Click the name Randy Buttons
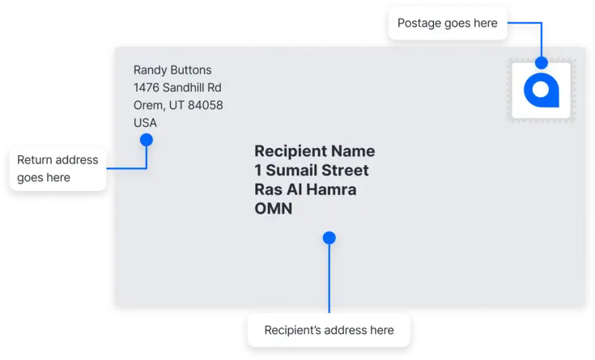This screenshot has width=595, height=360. pyautogui.click(x=172, y=70)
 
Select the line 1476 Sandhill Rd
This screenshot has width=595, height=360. pyautogui.click(x=177, y=87)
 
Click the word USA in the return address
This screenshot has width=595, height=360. pyautogui.click(x=145, y=122)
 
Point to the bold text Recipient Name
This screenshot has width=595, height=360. pyautogui.click(x=315, y=151)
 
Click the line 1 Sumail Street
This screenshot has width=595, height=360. pyautogui.click(x=312, y=171)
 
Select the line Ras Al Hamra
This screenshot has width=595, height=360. pyautogui.click(x=305, y=189)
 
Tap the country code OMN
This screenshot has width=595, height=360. pyautogui.click(x=274, y=209)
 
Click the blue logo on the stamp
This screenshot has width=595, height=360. pyautogui.click(x=541, y=91)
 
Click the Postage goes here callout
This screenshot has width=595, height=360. pyautogui.click(x=448, y=23)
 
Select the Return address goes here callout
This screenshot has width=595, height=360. pyautogui.click(x=57, y=169)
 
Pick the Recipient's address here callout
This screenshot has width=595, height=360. pyautogui.click(x=329, y=330)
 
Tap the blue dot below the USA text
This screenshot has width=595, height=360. pyautogui.click(x=147, y=140)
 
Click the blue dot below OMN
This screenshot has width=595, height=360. pyautogui.click(x=329, y=238)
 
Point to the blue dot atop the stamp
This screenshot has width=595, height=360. pyautogui.click(x=542, y=62)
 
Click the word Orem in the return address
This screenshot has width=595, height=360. pyautogui.click(x=149, y=105)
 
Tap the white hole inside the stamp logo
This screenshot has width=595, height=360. pyautogui.click(x=541, y=90)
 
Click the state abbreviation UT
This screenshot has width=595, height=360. pyautogui.click(x=176, y=105)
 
